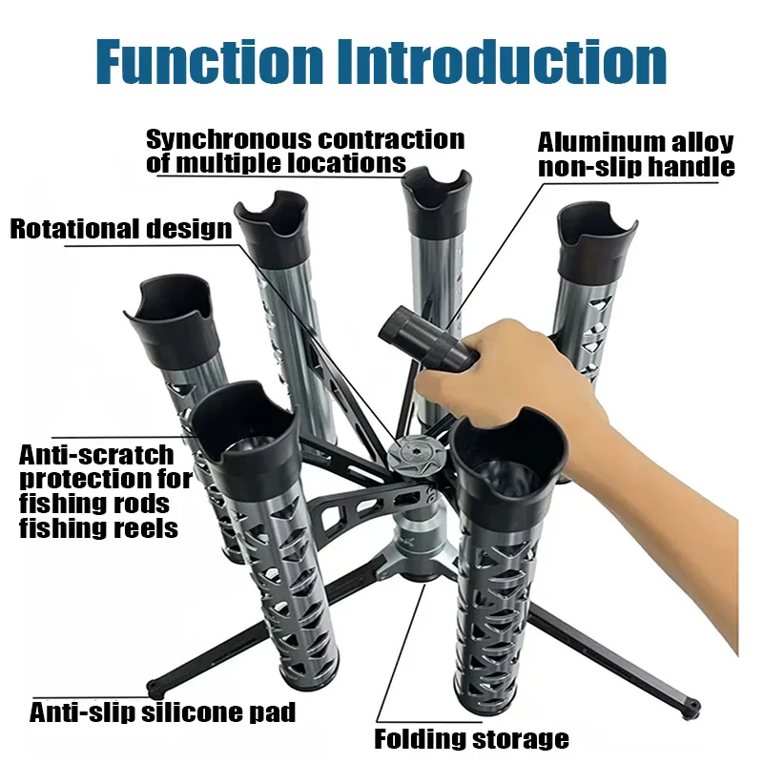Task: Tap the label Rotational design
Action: pos(121,229)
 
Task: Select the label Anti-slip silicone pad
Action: pos(162,711)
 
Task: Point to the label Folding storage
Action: pos(471,738)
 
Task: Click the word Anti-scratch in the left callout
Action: pos(96,456)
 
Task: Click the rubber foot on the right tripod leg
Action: pos(691,706)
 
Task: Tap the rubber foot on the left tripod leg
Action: pos(155,689)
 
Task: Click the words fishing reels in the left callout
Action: pos(99,528)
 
